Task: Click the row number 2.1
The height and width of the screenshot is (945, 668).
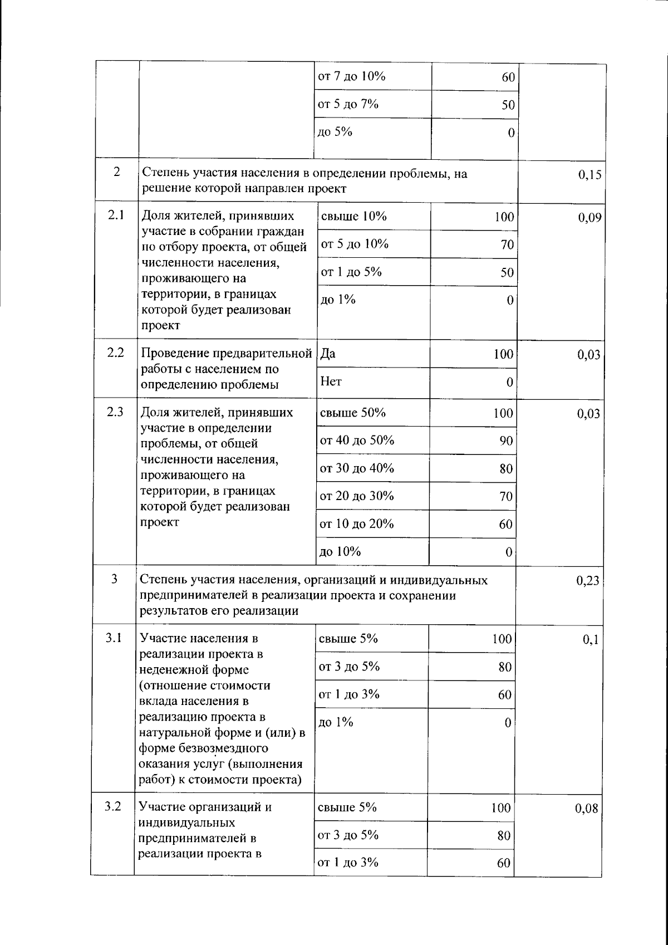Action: [x=115, y=214]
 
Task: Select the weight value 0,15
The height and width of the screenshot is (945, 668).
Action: [x=590, y=175]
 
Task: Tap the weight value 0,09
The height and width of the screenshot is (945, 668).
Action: [x=590, y=218]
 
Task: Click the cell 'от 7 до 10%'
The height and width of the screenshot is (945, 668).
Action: [x=351, y=76]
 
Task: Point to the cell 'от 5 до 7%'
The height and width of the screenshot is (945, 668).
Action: [x=348, y=104]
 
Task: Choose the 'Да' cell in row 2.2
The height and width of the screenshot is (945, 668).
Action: [x=328, y=354]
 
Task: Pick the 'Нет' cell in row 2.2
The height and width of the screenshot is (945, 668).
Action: [x=331, y=382]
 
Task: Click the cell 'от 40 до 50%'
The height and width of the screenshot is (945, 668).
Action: [x=357, y=440]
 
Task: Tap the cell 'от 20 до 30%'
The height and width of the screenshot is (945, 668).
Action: [x=357, y=496]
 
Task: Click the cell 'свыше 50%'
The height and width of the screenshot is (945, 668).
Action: [x=353, y=413]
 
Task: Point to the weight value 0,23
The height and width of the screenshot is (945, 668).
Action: [x=588, y=581]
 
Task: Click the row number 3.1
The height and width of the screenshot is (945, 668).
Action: [x=114, y=638]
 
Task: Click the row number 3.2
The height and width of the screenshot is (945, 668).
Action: [x=113, y=806]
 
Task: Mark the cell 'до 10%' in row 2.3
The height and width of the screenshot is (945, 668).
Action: [x=340, y=551]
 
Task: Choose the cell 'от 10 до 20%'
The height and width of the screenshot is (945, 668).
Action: [x=357, y=523]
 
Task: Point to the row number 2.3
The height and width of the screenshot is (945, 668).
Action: [x=115, y=412]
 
